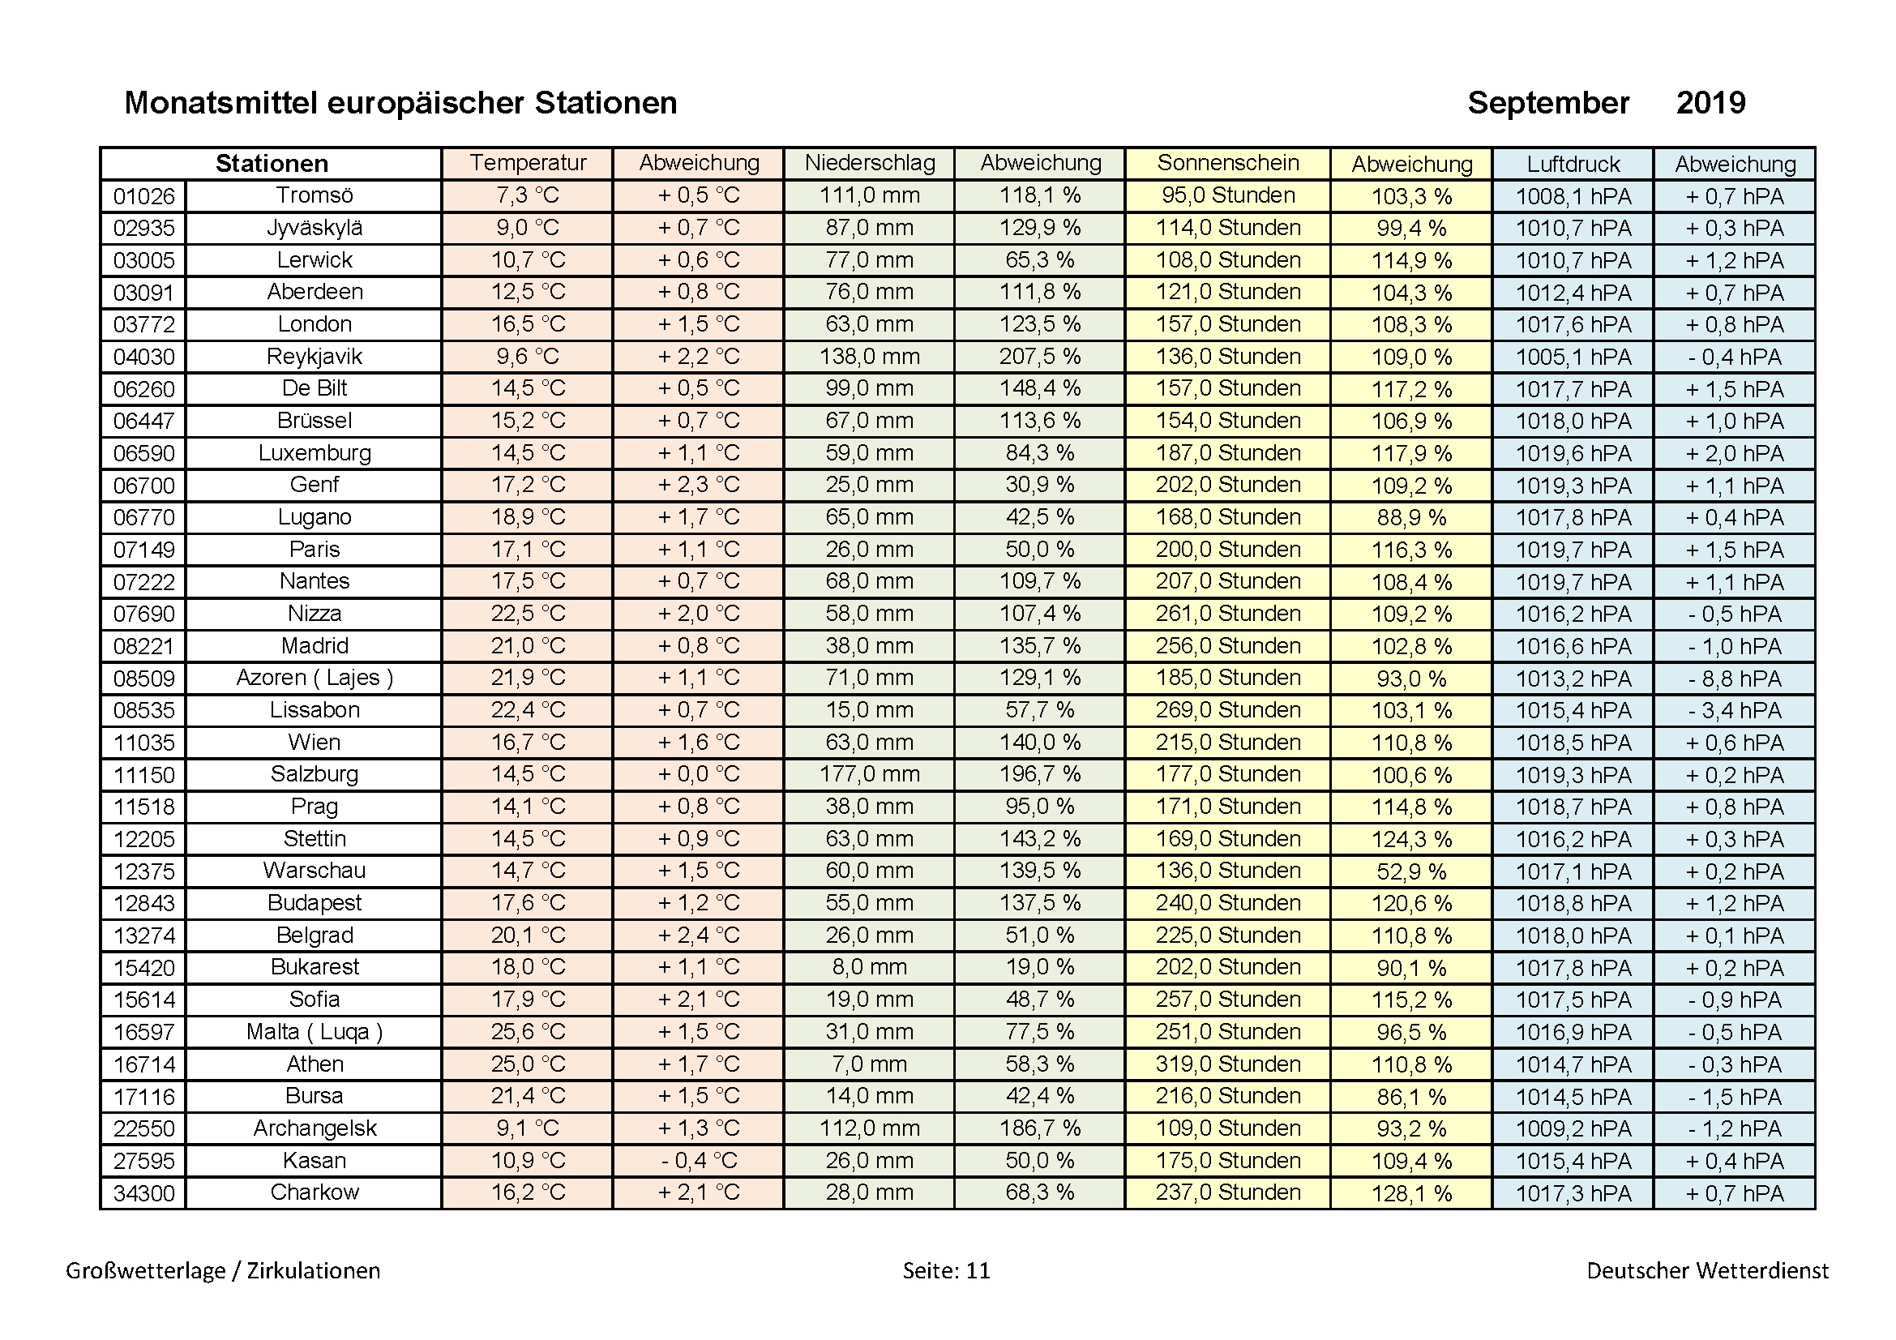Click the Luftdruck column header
pos(1573,164)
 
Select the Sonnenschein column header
pos(1227,163)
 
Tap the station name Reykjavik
pos(314,357)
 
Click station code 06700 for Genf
pos(143,486)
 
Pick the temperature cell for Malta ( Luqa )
pos(528,1031)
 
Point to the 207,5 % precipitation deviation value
pos(1040,357)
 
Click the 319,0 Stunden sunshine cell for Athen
pos(1227,1064)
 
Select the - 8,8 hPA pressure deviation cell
pos(1734,679)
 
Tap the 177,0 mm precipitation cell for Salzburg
pos(869,774)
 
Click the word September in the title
pos(1547,103)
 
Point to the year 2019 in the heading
pos(1710,103)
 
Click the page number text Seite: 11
pos(945,1269)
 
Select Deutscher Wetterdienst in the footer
pos(1707,1269)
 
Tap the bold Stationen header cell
pos(272,164)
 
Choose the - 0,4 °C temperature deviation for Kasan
pos(699,1160)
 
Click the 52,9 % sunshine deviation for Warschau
pos(1411,871)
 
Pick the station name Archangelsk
pos(314,1128)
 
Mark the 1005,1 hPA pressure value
pos(1573,357)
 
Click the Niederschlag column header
pos(870,163)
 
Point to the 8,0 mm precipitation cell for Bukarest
pos(869,967)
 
